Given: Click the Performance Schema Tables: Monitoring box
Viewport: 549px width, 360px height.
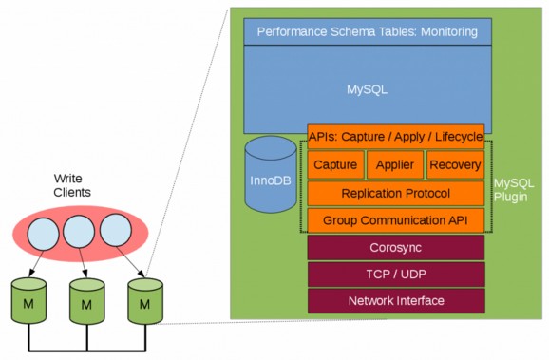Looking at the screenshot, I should (368, 31).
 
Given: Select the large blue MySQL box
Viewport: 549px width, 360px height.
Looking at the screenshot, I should (368, 87).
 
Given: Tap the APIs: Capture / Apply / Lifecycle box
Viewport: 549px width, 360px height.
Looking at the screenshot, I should (395, 136).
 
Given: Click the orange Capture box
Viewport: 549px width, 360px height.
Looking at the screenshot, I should (334, 164).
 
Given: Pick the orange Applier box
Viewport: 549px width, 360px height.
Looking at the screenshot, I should (393, 164).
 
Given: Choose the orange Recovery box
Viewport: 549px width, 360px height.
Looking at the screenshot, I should (455, 164).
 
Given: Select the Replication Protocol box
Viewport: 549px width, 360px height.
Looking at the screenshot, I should (395, 193).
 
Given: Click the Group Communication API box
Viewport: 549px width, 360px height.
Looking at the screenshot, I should (395, 220).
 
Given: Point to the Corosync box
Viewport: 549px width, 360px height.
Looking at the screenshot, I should (395, 247).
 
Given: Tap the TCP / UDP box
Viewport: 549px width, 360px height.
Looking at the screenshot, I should (395, 274).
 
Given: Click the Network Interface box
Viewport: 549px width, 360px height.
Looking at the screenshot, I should (395, 300).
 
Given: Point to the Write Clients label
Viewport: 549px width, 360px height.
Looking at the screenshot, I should (72, 184).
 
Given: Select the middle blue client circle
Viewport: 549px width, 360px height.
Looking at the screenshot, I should (79, 231).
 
